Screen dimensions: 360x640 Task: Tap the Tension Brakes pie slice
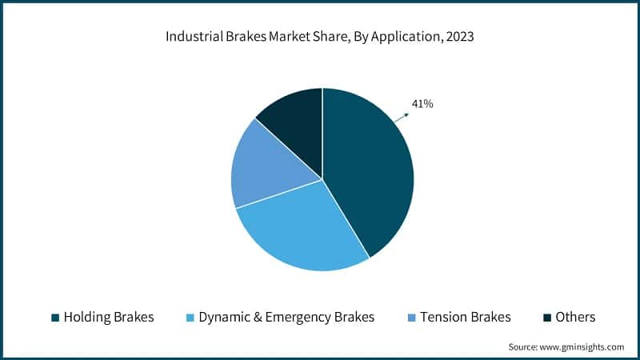264,164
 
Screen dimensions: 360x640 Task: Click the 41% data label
422,103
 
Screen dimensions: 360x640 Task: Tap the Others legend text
576,317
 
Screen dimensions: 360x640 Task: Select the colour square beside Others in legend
547,318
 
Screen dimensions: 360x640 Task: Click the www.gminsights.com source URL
581,346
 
